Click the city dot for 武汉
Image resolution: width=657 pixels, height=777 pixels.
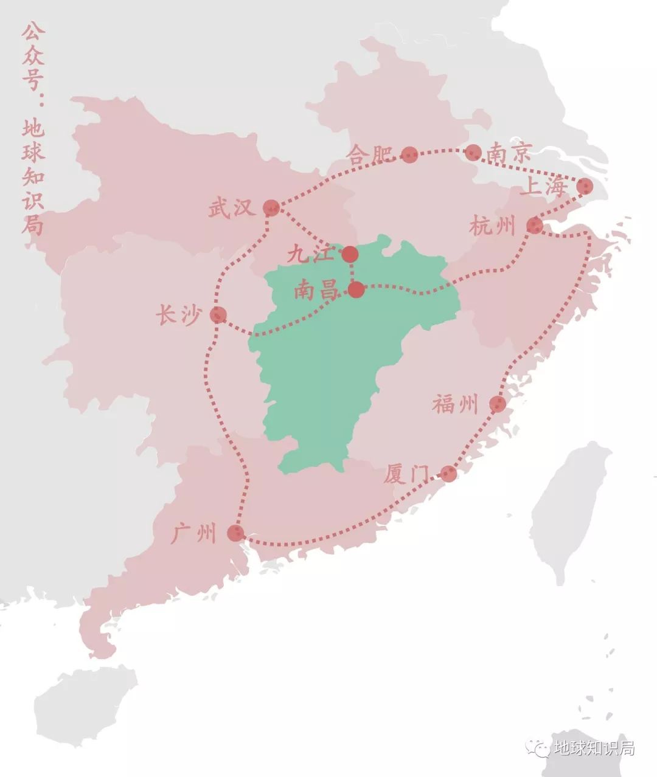pyautogui.click(x=271, y=208)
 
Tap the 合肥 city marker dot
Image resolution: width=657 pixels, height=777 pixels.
pyautogui.click(x=409, y=154)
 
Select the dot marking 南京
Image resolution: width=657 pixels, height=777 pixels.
pyautogui.click(x=473, y=153)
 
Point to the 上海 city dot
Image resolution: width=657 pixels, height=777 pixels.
pyautogui.click(x=585, y=186)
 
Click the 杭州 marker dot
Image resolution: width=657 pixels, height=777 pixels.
pyautogui.click(x=535, y=226)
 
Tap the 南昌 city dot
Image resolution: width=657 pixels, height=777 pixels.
pyautogui.click(x=356, y=289)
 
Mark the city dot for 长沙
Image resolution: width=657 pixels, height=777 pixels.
pyautogui.click(x=218, y=314)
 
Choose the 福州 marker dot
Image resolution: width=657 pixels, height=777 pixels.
pyautogui.click(x=498, y=404)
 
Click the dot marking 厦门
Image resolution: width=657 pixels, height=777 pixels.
pyautogui.click(x=448, y=473)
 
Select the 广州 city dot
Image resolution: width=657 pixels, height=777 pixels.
pyautogui.click(x=235, y=533)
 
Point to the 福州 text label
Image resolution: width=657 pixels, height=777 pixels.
pyautogui.click(x=456, y=404)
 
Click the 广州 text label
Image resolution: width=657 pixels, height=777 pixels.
pyautogui.click(x=193, y=534)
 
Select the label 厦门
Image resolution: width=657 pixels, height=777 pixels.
pyautogui.click(x=406, y=474)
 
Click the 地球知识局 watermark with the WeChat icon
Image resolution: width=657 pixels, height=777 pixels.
pyautogui.click(x=581, y=747)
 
